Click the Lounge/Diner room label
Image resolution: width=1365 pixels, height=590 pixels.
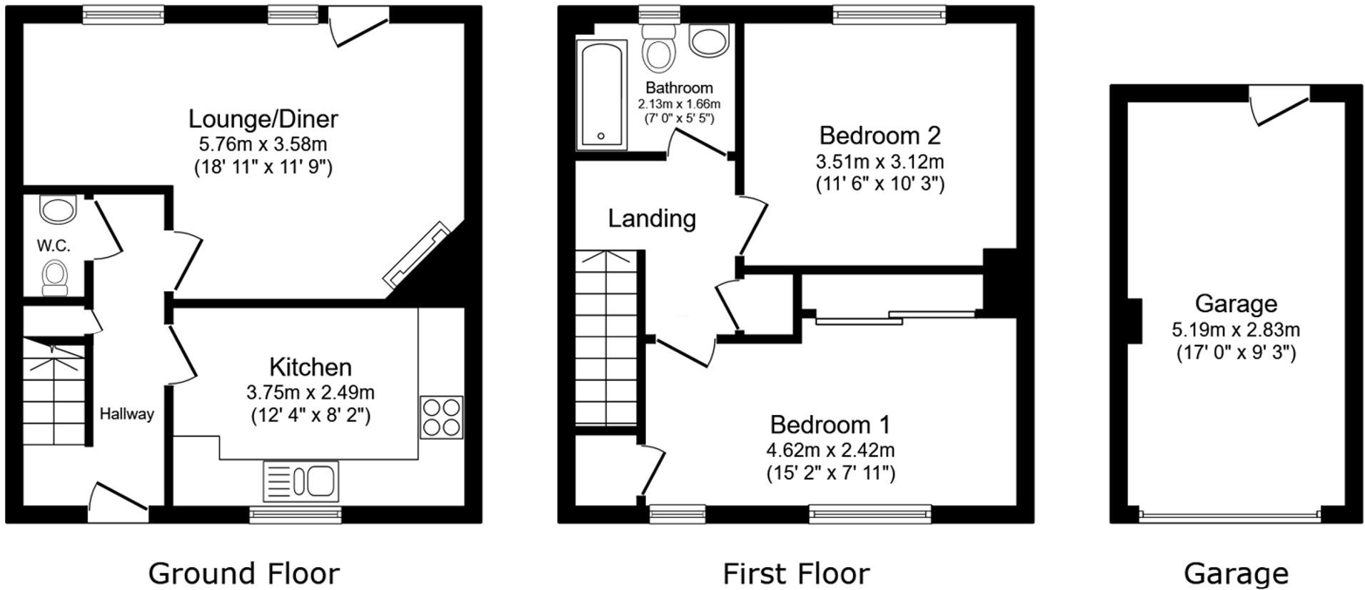click(263, 119)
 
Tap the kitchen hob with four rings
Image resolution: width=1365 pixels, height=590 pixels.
click(441, 417)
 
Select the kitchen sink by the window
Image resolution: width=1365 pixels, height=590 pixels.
click(301, 481)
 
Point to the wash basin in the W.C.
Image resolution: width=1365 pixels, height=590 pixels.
click(58, 209)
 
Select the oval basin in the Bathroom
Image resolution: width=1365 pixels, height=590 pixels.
click(708, 41)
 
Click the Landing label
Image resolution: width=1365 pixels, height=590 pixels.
click(651, 219)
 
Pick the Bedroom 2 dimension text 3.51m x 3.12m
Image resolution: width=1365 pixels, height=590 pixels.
click(880, 161)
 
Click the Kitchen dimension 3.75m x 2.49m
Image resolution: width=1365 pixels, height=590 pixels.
click(310, 392)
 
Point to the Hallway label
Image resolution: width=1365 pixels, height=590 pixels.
click(126, 414)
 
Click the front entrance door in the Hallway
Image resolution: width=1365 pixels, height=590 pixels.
click(118, 500)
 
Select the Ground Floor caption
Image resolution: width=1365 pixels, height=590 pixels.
click(243, 573)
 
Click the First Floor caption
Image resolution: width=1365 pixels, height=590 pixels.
click(795, 573)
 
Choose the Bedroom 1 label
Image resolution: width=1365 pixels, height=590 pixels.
click(830, 425)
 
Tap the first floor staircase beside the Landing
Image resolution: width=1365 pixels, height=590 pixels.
click(605, 339)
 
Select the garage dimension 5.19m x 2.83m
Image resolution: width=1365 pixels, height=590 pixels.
click(1235, 330)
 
